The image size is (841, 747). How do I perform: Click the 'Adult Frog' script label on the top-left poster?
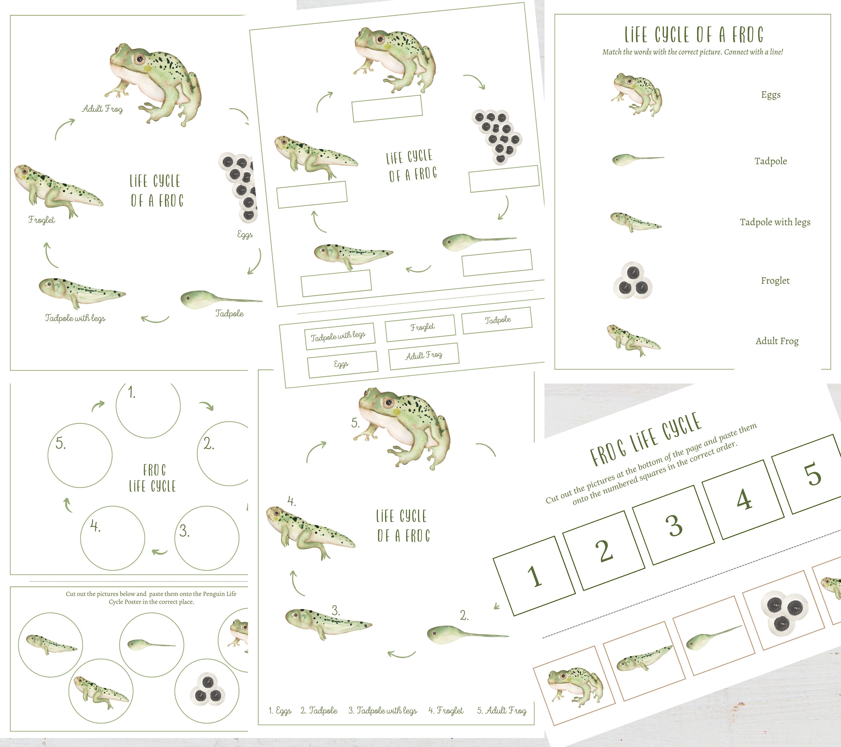pyautogui.click(x=102, y=109)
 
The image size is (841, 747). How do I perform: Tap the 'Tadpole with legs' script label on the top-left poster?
pyautogui.click(x=75, y=318)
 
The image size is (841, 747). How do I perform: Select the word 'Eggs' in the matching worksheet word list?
pyautogui.click(x=770, y=95)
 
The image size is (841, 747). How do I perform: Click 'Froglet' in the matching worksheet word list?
pyautogui.click(x=775, y=281)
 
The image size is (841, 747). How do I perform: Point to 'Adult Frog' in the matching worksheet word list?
pyautogui.click(x=777, y=341)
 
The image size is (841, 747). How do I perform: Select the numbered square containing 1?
pyautogui.click(x=534, y=576)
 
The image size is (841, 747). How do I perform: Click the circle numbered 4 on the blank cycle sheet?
pyautogui.click(x=112, y=538)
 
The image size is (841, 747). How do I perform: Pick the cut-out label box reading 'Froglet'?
pyautogui.click(x=420, y=328)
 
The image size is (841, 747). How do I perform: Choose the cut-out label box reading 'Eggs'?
pyautogui.click(x=342, y=364)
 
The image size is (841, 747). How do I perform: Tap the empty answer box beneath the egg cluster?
pyautogui.click(x=503, y=179)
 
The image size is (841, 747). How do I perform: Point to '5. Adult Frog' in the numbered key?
pyautogui.click(x=502, y=710)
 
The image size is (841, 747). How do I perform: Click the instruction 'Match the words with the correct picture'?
pyautogui.click(x=692, y=52)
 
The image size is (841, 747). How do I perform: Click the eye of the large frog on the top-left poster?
pyautogui.click(x=140, y=60)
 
